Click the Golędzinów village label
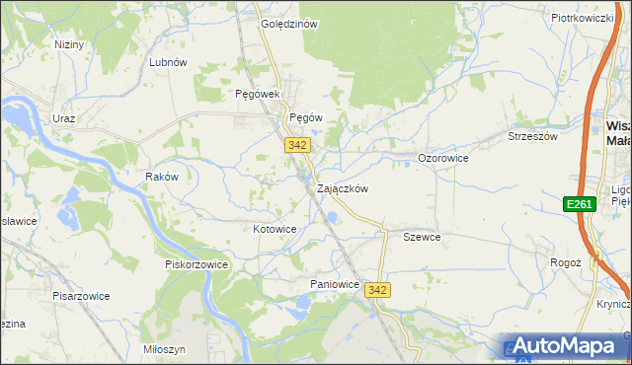pos(288,25)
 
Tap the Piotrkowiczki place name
pos(583,18)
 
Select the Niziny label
pos(69,44)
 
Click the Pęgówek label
pos(259,95)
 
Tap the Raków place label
pos(161,178)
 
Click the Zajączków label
pos(343,188)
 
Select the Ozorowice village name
pos(442,158)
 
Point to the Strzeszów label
pos(532,137)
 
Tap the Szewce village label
pos(422,238)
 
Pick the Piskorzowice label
pos(197,264)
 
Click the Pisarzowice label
pos(81,296)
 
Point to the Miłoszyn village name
pos(164,350)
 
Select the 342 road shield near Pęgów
pos(298,145)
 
